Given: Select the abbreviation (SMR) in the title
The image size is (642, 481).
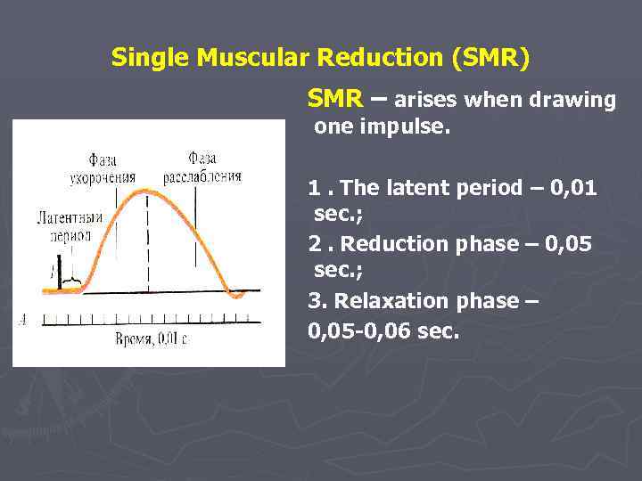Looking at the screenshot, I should click(490, 58).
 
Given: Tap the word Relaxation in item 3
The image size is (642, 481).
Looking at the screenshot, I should click(382, 300).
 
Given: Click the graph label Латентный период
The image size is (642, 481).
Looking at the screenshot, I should click(69, 226).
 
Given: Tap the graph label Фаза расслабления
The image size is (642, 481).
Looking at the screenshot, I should click(202, 168).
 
